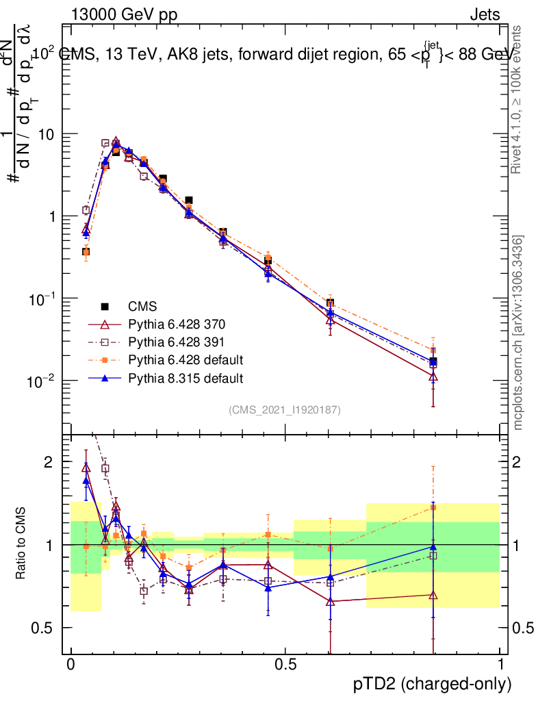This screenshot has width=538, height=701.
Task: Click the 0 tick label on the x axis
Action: click(71, 665)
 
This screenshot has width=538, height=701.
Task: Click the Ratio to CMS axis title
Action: click(21, 544)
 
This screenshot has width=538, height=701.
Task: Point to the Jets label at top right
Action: click(484, 14)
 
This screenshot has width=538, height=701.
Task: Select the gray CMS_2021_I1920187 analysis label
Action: click(285, 409)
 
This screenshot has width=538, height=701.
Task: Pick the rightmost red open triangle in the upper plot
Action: click(433, 377)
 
